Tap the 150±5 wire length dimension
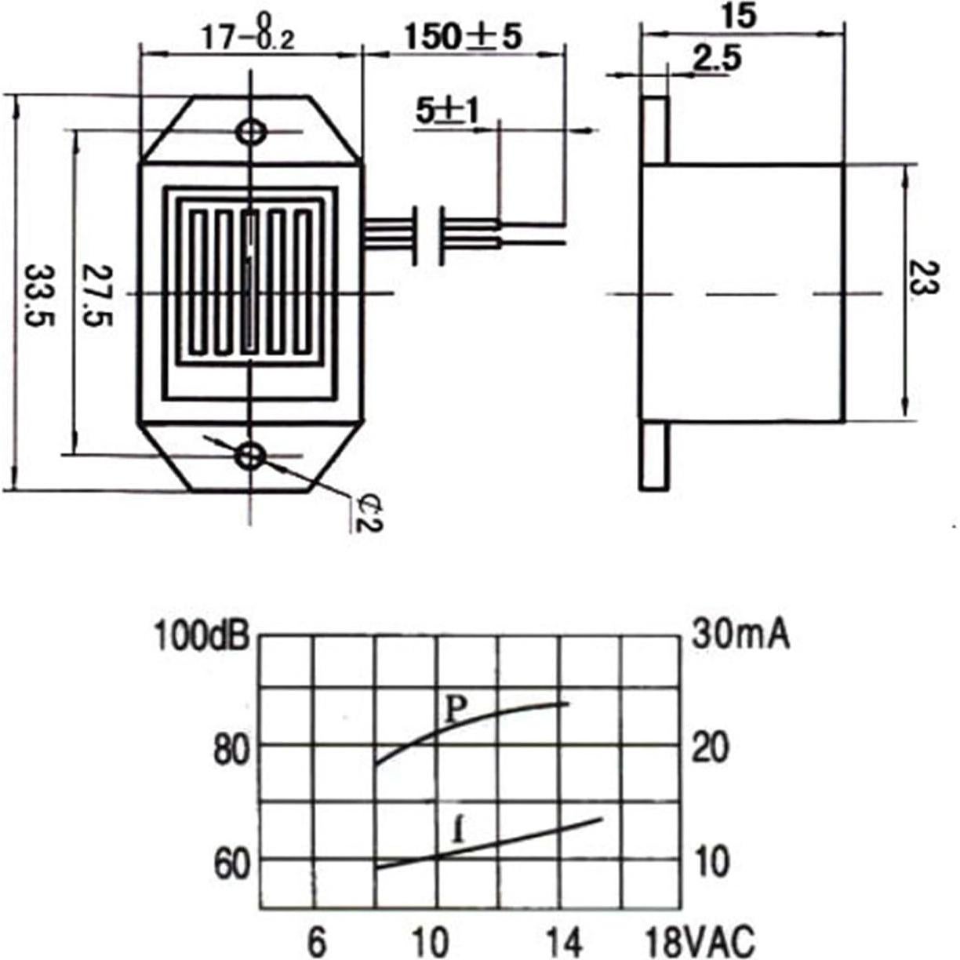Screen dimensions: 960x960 point(463,37)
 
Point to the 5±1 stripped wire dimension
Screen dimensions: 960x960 point(447,112)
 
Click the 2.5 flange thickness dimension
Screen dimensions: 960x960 point(717,60)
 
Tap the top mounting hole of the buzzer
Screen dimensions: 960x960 point(252,132)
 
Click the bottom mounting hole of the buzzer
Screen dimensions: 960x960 point(251,454)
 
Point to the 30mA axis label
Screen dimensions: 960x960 point(740,635)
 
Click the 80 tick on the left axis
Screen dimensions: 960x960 point(231,750)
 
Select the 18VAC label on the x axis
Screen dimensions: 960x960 point(700,940)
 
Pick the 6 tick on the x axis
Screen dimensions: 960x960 point(316,940)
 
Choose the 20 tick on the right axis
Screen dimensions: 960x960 point(711,748)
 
